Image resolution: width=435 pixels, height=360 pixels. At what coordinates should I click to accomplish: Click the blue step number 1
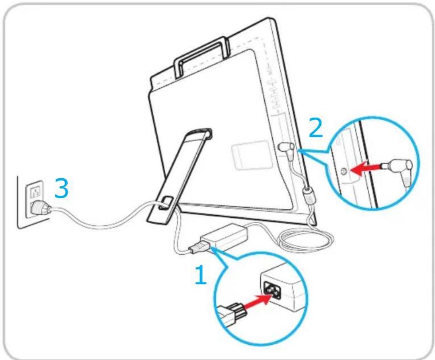201,275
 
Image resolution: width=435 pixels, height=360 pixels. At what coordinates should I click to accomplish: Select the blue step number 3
61,188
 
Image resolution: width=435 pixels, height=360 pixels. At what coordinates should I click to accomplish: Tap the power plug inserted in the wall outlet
40,208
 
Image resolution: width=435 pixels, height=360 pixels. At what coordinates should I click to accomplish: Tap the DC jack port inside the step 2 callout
343,172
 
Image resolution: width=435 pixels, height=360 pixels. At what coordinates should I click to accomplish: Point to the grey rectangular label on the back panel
251,155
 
